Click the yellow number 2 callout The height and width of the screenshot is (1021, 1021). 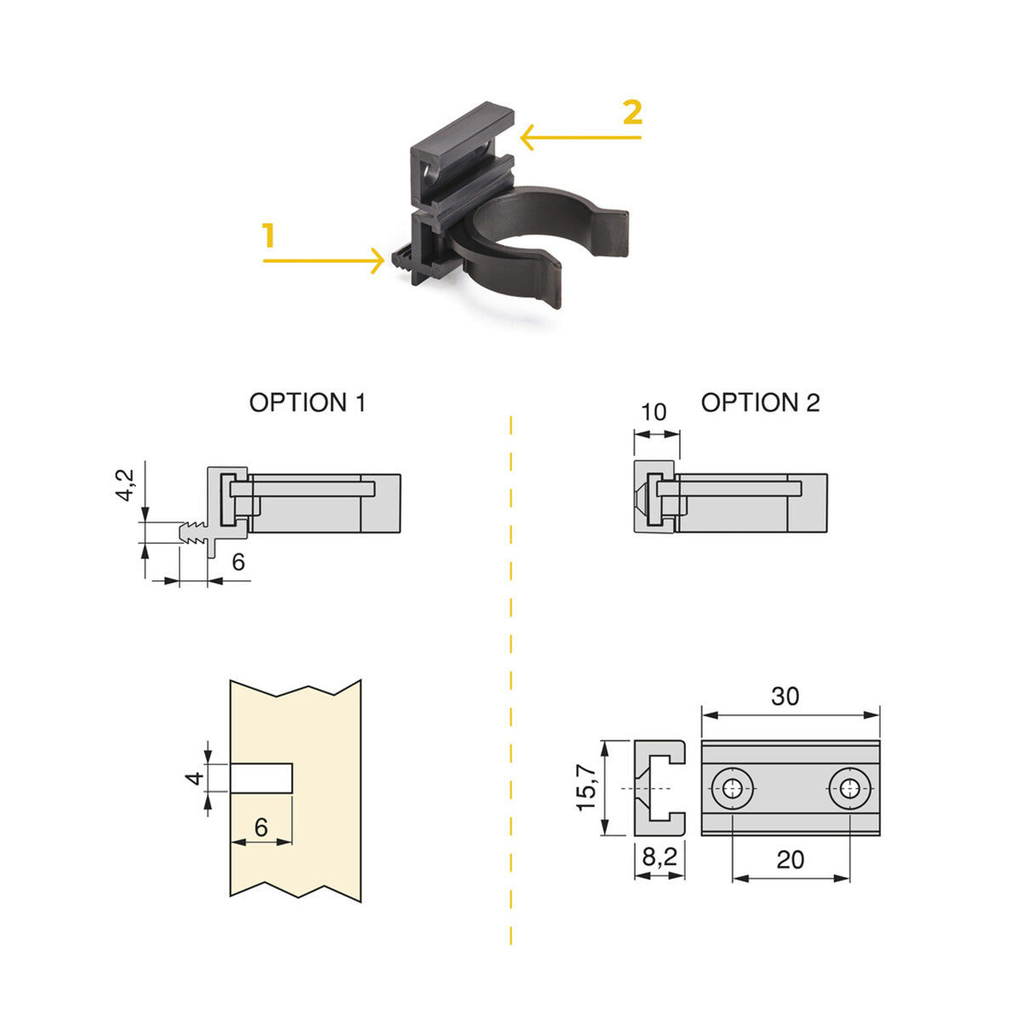(633, 112)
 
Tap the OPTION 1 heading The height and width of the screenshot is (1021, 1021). (307, 402)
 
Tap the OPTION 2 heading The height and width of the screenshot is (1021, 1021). (760, 402)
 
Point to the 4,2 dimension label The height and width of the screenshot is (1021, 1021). (126, 485)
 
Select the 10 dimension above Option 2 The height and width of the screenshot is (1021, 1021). (653, 412)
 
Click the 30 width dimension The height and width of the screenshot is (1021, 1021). (784, 696)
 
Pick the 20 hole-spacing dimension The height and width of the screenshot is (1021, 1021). (790, 859)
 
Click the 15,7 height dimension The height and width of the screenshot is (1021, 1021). (587, 789)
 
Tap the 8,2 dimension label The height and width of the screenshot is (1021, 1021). (659, 857)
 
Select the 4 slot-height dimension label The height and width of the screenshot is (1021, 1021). (195, 779)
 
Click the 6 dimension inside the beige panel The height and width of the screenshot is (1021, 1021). (260, 827)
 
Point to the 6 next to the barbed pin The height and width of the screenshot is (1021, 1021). (238, 562)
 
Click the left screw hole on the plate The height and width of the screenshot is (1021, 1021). (733, 789)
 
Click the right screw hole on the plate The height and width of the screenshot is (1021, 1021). (850, 789)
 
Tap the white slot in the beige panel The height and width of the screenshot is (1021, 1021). (261, 779)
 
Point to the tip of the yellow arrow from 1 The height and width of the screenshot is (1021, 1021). (384, 260)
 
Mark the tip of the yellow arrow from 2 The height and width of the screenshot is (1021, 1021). (522, 138)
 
